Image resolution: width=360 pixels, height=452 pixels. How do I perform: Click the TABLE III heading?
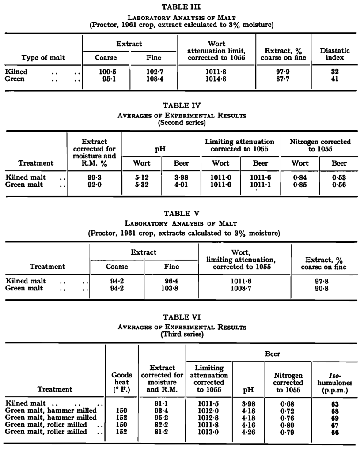tap(182, 7)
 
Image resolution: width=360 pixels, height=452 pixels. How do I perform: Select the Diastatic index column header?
tap(335, 54)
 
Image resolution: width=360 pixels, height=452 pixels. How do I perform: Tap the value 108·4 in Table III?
tap(154, 79)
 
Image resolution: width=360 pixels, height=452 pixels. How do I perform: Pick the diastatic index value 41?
tap(335, 79)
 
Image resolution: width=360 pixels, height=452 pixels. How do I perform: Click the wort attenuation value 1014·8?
tap(217, 79)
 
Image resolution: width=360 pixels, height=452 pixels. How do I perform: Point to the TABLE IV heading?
tap(182, 105)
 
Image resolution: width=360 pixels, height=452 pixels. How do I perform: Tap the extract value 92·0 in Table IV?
tap(94, 185)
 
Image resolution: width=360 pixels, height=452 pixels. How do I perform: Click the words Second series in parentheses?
tap(182, 123)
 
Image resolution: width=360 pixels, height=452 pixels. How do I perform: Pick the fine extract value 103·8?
tap(171, 288)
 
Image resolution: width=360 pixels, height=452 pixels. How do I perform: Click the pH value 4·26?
tap(248, 432)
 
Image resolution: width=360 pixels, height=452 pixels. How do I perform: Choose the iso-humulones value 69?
tap(335, 418)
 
